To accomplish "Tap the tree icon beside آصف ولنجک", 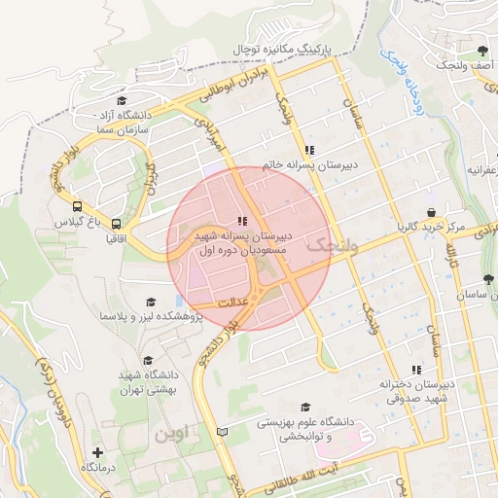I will point(482,51).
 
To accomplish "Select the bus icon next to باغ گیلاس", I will point(76,206).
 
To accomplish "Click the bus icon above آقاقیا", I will point(117,221).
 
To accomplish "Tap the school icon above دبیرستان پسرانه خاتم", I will point(309,150).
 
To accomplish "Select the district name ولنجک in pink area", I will point(332,247).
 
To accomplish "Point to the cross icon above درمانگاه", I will point(97,452).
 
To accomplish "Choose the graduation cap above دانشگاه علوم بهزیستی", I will point(305,408).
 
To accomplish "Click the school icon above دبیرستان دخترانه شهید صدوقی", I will point(417,370).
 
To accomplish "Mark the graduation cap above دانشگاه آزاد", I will point(121,100).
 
